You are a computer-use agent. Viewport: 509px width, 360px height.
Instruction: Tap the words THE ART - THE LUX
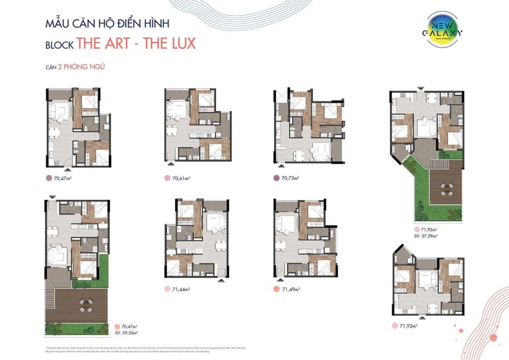pyautogui.click(x=136, y=43)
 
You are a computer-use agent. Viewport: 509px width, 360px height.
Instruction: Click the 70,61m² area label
pyautogui.click(x=182, y=178)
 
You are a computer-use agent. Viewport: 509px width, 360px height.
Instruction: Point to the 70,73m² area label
pyautogui.click(x=290, y=178)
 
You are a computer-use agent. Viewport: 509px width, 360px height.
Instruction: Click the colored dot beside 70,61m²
pyautogui.click(x=167, y=178)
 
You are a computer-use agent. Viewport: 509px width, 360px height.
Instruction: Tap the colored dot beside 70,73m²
pyautogui.click(x=276, y=178)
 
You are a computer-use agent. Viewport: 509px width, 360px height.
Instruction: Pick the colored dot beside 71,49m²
pyautogui.click(x=276, y=289)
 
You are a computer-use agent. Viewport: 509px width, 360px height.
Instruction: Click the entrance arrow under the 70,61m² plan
pyautogui.click(x=171, y=164)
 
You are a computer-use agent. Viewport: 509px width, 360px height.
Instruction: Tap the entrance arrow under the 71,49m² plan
pyautogui.click(x=279, y=279)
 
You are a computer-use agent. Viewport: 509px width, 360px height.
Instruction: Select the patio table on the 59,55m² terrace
pyautogui.click(x=85, y=304)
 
